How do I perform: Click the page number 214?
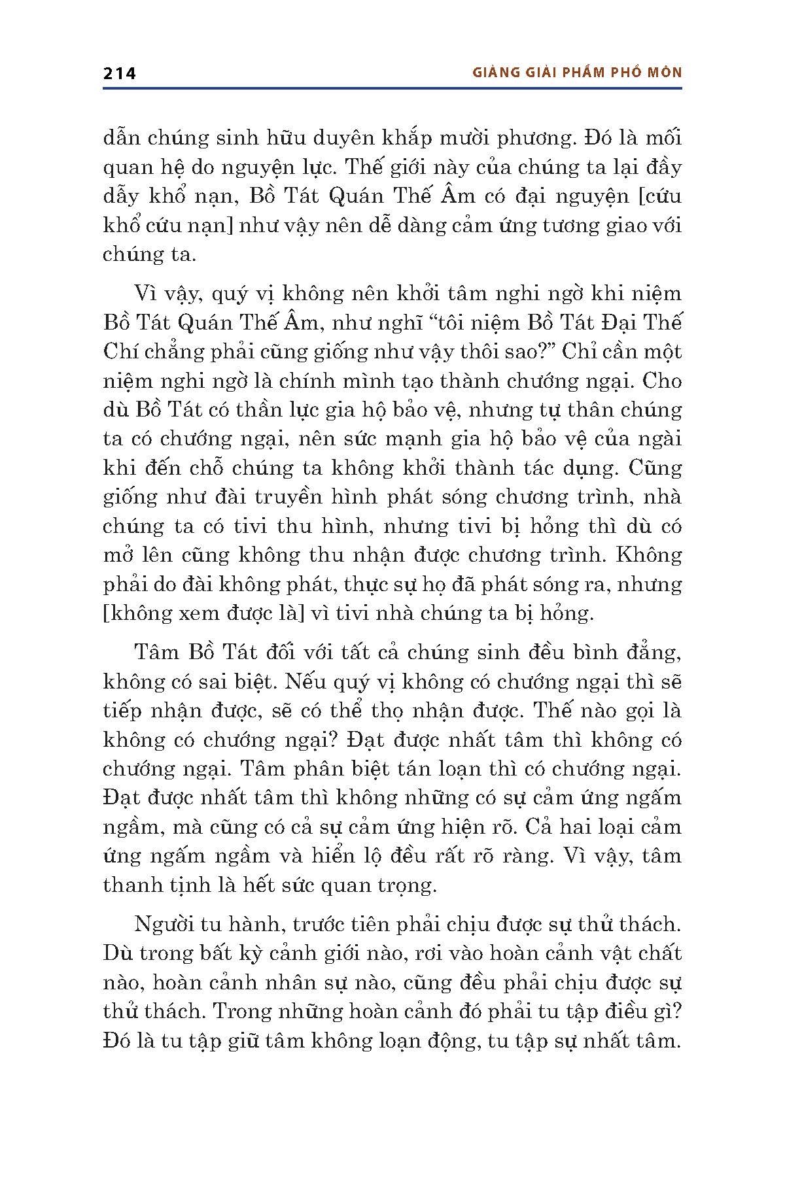pos(119,73)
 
